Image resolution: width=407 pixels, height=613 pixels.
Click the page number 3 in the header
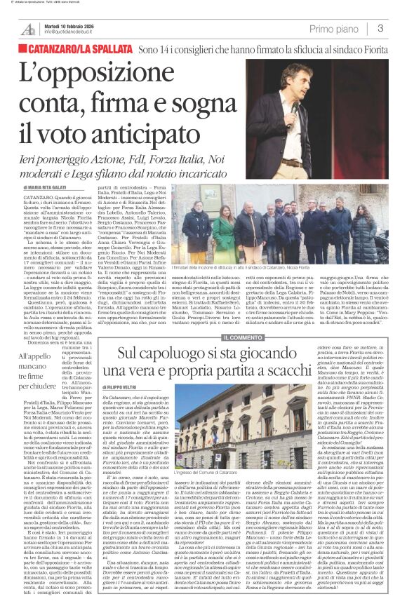pos(380,28)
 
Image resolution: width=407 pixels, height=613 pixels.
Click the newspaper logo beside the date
pos(29,28)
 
